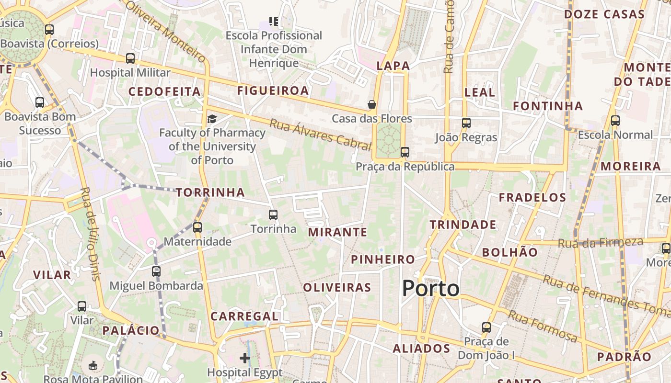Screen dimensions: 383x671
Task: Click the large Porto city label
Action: point(430,289)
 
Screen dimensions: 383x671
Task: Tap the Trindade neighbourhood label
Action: point(463,225)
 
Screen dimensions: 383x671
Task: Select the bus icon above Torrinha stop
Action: point(273,215)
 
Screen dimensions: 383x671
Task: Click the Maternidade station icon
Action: point(197,227)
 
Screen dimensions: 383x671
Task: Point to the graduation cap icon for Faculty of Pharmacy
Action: point(212,119)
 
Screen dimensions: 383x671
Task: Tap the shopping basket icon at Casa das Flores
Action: point(372,104)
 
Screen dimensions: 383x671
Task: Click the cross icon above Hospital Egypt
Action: point(245,358)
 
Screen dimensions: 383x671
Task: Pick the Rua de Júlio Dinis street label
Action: point(90,234)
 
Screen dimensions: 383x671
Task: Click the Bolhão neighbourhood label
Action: point(509,252)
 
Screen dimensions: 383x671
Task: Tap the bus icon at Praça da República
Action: point(405,152)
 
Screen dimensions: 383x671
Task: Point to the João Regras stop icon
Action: point(466,123)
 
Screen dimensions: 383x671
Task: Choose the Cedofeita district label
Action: point(164,91)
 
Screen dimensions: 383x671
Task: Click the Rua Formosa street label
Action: point(543,326)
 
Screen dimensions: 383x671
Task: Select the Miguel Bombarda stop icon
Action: point(156,271)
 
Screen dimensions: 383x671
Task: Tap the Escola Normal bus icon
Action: point(615,121)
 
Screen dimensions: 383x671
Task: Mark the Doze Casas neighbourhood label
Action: point(604,14)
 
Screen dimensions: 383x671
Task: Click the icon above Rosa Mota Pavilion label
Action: point(93,366)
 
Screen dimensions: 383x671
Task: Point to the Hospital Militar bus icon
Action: point(130,58)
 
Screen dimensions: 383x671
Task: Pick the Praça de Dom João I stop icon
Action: point(486,327)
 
